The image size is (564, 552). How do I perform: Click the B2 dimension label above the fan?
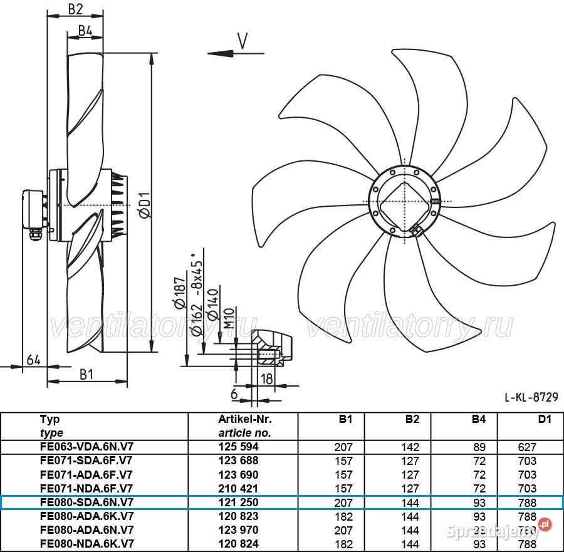[x=75, y=9]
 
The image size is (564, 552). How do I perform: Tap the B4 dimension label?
[x=85, y=30]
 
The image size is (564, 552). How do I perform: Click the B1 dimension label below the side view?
[x=86, y=374]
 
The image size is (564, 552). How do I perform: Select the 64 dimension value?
[x=34, y=360]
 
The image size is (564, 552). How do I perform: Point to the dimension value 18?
[x=267, y=378]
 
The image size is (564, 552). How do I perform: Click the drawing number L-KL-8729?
[x=531, y=397]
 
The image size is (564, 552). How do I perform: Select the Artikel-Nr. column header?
[x=245, y=419]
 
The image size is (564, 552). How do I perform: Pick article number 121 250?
[x=238, y=503]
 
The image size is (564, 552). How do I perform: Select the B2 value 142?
[x=410, y=447]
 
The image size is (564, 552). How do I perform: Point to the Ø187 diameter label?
[x=180, y=293]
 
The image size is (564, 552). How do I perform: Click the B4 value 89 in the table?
[x=479, y=447]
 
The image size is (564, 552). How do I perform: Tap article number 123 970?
[x=238, y=530]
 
